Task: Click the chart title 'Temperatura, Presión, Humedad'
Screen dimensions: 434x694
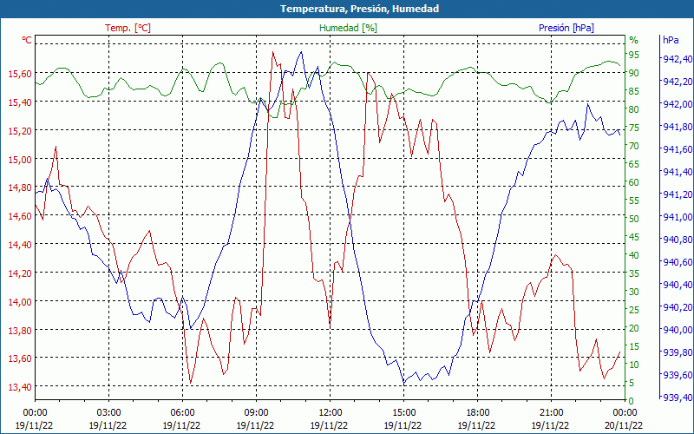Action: [x=347, y=9]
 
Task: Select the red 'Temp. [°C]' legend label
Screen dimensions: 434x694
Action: [x=128, y=28]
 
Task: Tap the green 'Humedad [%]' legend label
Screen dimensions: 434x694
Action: [x=348, y=28]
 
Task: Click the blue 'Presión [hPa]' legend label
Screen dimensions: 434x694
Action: [x=566, y=28]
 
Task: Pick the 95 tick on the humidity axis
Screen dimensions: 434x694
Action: [x=634, y=55]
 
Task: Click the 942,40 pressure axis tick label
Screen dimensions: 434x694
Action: [x=677, y=59]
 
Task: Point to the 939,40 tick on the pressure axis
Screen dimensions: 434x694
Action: [x=677, y=398]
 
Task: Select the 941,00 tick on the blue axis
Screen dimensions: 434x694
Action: [x=677, y=217]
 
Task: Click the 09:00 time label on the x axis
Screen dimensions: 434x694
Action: [x=256, y=412]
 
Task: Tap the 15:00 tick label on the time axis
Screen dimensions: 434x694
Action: [x=403, y=412]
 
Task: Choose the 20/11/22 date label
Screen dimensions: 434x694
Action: [x=625, y=425]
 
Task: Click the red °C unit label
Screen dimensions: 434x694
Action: [x=27, y=40]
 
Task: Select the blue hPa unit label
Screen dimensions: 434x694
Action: [x=671, y=40]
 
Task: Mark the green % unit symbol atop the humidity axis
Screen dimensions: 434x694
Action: [x=633, y=40]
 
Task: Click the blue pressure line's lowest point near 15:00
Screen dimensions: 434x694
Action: [x=403, y=384]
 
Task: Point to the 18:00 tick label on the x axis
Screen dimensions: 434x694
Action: [x=477, y=412]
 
